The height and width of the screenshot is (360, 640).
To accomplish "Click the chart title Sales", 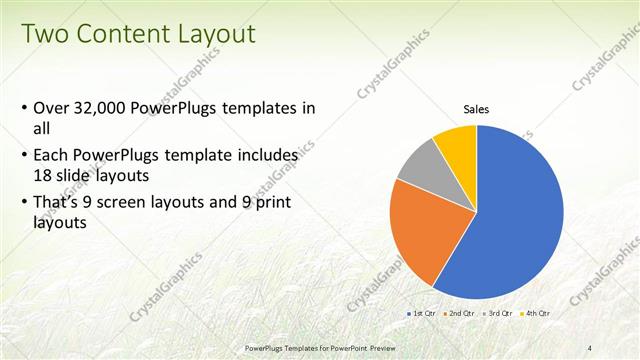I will (x=476, y=110).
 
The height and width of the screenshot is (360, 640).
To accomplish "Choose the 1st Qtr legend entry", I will (x=422, y=314).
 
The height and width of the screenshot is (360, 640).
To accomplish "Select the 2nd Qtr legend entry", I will (x=458, y=314).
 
